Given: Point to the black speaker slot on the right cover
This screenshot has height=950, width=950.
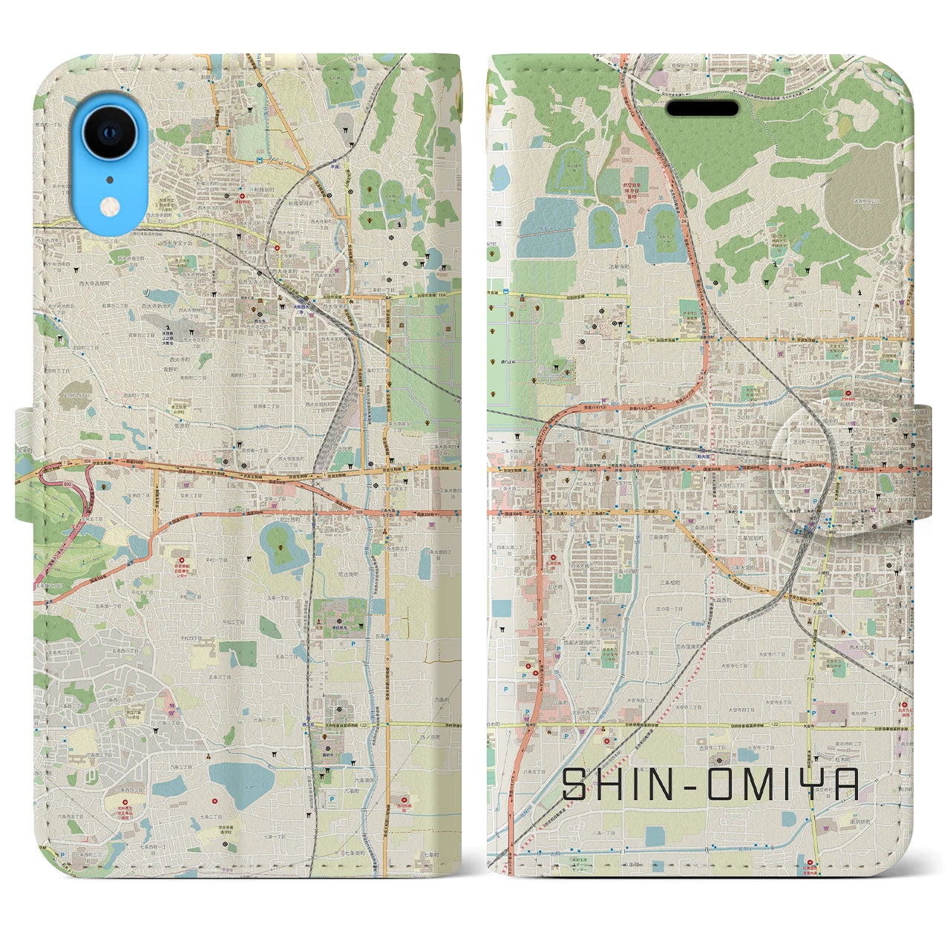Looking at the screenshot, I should (x=701, y=108).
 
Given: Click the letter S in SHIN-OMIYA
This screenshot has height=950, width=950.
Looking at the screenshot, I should (x=577, y=784).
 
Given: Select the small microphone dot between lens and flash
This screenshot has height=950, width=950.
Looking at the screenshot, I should (x=109, y=179).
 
